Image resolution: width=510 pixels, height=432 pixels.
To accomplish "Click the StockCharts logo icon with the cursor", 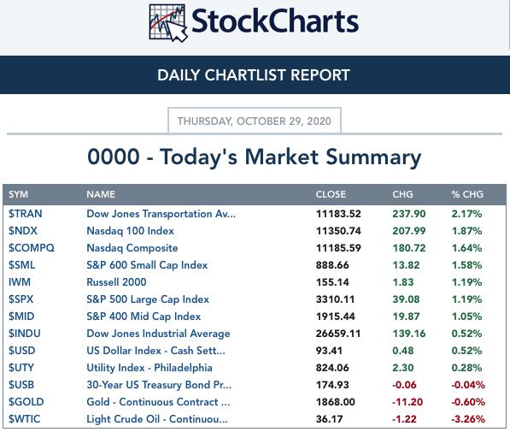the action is (x=167, y=23).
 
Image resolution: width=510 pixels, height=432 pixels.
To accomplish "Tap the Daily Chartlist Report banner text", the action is (x=254, y=75).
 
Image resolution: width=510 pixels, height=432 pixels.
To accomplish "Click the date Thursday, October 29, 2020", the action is (x=255, y=121).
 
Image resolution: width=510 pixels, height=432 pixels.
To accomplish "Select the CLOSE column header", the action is (x=331, y=194).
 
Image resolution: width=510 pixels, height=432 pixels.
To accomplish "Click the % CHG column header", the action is (x=467, y=194).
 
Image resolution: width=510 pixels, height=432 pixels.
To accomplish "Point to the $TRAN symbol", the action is (x=26, y=214).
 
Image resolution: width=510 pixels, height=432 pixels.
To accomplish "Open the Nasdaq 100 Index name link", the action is (x=130, y=231).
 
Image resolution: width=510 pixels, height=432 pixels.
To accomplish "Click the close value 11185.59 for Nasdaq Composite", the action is (x=338, y=248).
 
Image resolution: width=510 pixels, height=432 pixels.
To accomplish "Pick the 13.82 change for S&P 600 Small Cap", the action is (x=406, y=265).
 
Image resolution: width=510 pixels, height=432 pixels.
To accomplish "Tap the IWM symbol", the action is (x=20, y=282).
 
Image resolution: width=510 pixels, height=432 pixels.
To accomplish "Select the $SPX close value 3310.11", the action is (x=336, y=299).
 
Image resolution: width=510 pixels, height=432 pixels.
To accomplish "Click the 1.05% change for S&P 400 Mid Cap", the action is (x=466, y=317).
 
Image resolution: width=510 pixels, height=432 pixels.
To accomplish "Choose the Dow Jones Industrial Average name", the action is (x=158, y=334).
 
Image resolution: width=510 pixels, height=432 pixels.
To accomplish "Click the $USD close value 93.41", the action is (x=329, y=351).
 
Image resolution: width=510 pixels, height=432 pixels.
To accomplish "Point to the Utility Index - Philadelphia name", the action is (x=149, y=368).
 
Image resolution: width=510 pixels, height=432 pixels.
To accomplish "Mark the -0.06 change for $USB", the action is (x=404, y=385).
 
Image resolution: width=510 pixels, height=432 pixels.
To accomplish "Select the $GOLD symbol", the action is (x=26, y=402).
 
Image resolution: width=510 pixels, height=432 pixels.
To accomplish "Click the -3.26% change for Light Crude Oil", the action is (x=468, y=419).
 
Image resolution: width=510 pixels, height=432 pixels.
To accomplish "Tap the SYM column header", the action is (x=18, y=194).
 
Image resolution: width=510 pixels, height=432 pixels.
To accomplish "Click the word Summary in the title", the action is (x=373, y=157).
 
